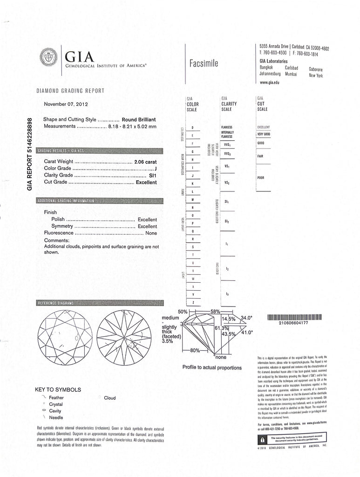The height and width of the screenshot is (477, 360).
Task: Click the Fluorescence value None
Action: [151, 232]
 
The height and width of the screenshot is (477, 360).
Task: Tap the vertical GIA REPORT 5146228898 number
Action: [30, 153]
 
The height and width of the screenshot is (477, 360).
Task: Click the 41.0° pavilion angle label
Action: [246, 333]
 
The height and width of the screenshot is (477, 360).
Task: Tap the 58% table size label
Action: [215, 311]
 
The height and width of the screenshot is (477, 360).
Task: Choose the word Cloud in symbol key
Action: [110, 398]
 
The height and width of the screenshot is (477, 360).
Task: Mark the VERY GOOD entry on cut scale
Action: [264, 134]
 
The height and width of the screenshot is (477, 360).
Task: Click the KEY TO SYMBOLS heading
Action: [58, 389]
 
